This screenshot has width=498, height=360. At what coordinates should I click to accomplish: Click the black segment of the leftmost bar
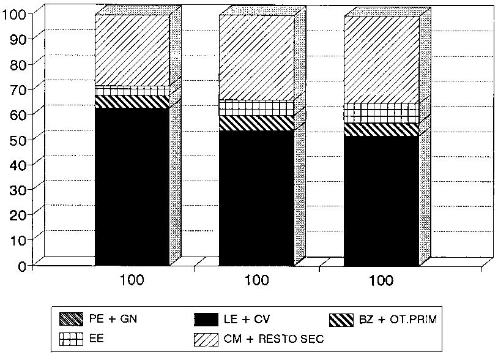point(132,187)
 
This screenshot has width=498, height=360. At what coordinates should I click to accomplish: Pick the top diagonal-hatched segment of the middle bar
point(256,58)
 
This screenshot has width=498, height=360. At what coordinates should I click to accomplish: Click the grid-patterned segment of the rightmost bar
point(381,113)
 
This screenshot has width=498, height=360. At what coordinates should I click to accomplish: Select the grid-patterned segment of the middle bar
point(256,108)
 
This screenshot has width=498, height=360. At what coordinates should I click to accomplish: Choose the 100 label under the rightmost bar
point(381,281)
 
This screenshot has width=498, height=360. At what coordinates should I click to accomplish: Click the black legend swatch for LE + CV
point(207,319)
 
